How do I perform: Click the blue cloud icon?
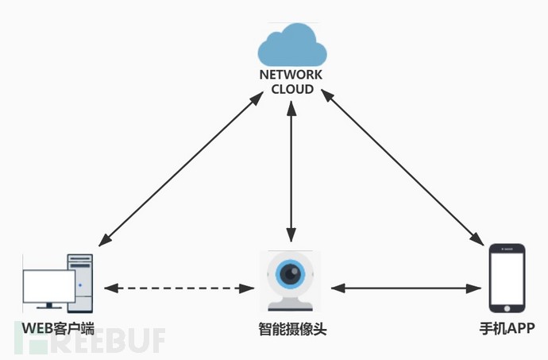click(x=292, y=46)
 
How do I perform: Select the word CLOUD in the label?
click(x=292, y=88)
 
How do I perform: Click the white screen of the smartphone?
click(x=507, y=278)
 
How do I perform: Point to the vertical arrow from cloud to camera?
click(x=292, y=171)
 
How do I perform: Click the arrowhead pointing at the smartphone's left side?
click(x=479, y=286)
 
